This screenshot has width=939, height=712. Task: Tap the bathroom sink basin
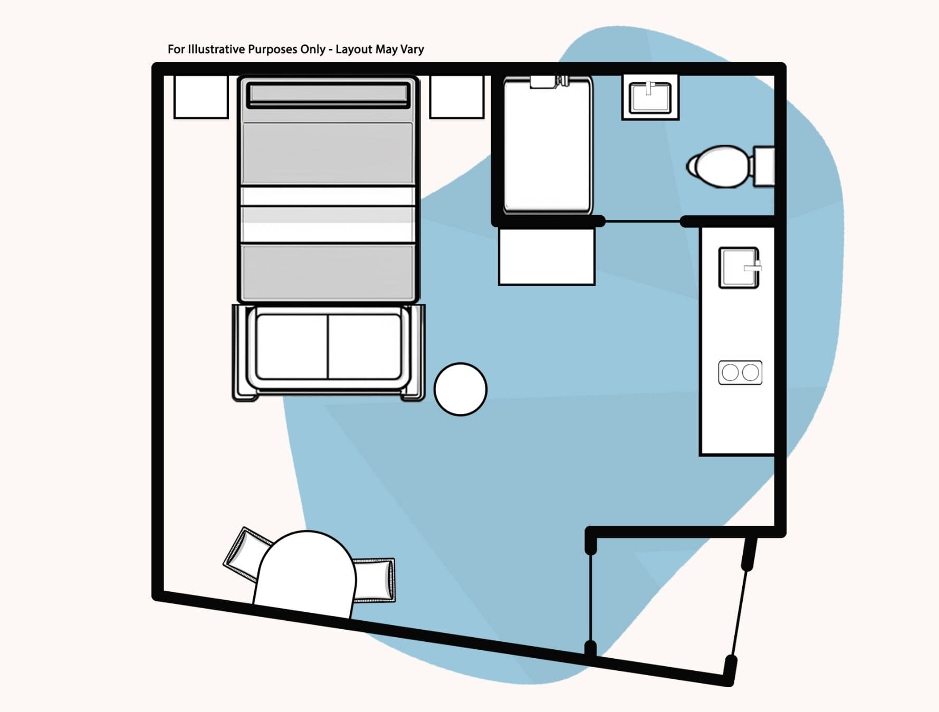(x=650, y=97)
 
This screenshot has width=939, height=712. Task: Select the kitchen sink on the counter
(x=739, y=268)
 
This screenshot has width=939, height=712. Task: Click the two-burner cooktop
(x=740, y=372)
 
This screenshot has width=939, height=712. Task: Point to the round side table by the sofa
(x=460, y=389)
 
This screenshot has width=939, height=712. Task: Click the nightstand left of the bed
(x=201, y=97)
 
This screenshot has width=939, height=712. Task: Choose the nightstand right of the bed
(x=456, y=97)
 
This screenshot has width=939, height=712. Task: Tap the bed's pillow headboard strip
(x=328, y=94)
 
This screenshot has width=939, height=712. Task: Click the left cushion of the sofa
(x=292, y=347)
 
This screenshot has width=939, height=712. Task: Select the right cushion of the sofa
(x=364, y=347)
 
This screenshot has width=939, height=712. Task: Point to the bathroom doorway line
(x=643, y=222)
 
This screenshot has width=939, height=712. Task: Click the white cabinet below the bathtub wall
(x=547, y=256)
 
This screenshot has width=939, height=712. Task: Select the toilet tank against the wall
(x=763, y=166)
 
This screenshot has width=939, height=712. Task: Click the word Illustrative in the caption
(x=216, y=50)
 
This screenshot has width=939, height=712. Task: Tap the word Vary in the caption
(x=412, y=50)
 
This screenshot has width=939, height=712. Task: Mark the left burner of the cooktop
(x=730, y=372)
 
